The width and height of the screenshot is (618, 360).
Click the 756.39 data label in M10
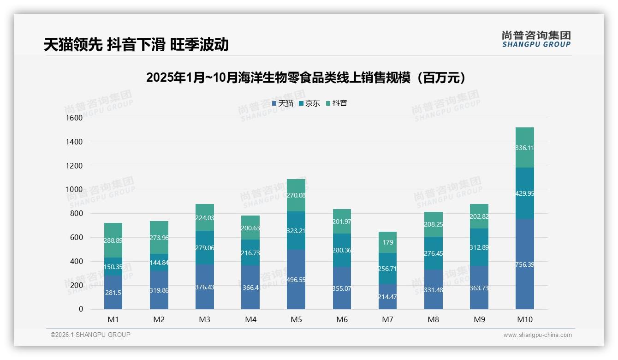525,264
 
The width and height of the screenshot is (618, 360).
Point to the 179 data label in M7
387,242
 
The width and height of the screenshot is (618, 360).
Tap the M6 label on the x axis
342,319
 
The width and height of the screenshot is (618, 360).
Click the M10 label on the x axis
525,319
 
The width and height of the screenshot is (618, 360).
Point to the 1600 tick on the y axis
74,118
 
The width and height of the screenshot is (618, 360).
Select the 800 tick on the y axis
76,214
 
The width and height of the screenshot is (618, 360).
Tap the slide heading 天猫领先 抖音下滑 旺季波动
136,44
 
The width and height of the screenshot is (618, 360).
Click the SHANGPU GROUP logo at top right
536,39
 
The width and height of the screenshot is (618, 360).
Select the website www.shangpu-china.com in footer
537,335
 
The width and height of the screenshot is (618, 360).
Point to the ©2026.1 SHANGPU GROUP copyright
90,335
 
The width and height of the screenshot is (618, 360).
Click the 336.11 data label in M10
525,148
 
